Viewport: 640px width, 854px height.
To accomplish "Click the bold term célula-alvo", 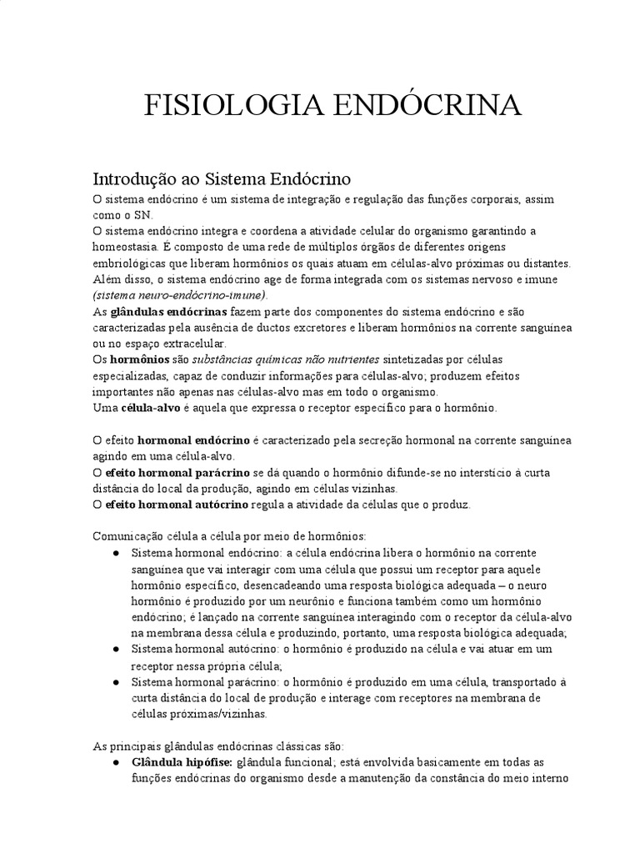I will (x=148, y=408).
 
